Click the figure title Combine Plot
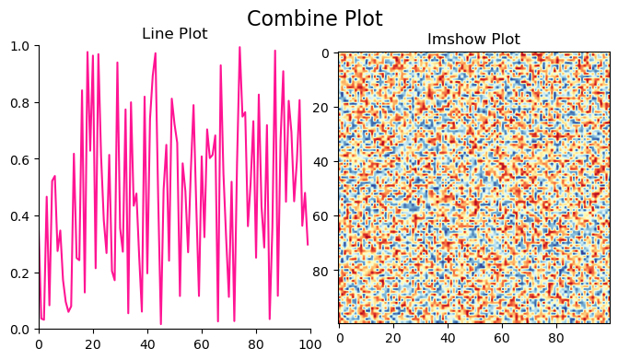pos(314,18)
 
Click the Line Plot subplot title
pos(175,34)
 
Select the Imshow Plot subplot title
pos(473,40)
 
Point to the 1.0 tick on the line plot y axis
pos(20,46)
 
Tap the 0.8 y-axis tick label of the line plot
pos(20,103)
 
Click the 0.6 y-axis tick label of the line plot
pos(20,159)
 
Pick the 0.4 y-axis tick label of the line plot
pos(20,216)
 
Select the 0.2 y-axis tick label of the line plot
pos(20,273)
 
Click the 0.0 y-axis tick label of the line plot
pos(20,330)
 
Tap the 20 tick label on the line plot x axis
pos(93,344)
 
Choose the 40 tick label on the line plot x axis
pos(147,344)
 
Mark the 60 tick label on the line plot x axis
pos(202,344)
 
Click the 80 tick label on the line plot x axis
pos(256,344)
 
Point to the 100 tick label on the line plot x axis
pos(310,344)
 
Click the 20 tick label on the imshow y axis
pos(323,109)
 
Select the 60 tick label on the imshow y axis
pos(323,217)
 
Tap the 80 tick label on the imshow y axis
pos(323,272)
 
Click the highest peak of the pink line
pos(239,48)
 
